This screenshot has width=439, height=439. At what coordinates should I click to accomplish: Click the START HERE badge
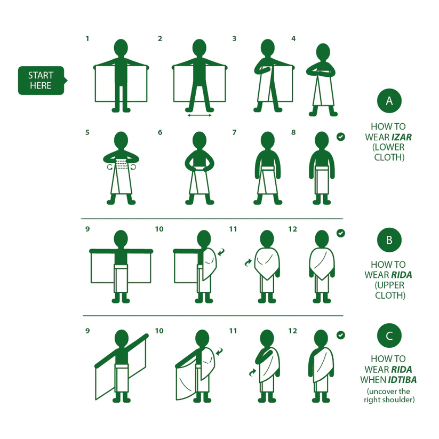pos(42,81)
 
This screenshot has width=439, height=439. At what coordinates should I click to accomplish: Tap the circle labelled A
pos(389,101)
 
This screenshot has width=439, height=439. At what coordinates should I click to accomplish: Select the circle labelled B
pos(389,240)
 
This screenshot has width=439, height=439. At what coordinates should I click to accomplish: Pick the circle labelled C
pos(389,336)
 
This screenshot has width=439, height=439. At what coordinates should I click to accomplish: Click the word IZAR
pos(402,137)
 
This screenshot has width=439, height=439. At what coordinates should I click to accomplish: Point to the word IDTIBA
pos(402,380)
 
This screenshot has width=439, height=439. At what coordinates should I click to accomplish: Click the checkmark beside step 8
pos(341,137)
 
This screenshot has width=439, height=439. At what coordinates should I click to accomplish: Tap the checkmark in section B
pos(341,233)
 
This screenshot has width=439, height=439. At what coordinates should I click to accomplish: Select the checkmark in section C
pos(341,335)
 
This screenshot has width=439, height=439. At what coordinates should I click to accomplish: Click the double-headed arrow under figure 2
pos(199,115)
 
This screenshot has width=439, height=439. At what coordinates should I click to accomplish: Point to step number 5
pos(87,132)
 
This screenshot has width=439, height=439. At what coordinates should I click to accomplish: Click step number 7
pos(234,132)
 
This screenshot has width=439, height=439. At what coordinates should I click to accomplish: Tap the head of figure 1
pos(121,48)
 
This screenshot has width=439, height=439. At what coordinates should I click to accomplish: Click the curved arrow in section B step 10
pos(221,252)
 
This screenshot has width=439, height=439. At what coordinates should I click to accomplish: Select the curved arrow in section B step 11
pos(248,262)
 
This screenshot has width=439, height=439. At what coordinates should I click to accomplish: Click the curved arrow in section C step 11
pos(252,373)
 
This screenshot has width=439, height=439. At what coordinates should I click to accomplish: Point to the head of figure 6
pos(199,140)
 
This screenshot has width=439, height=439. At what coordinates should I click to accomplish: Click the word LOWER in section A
pos(390,147)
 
